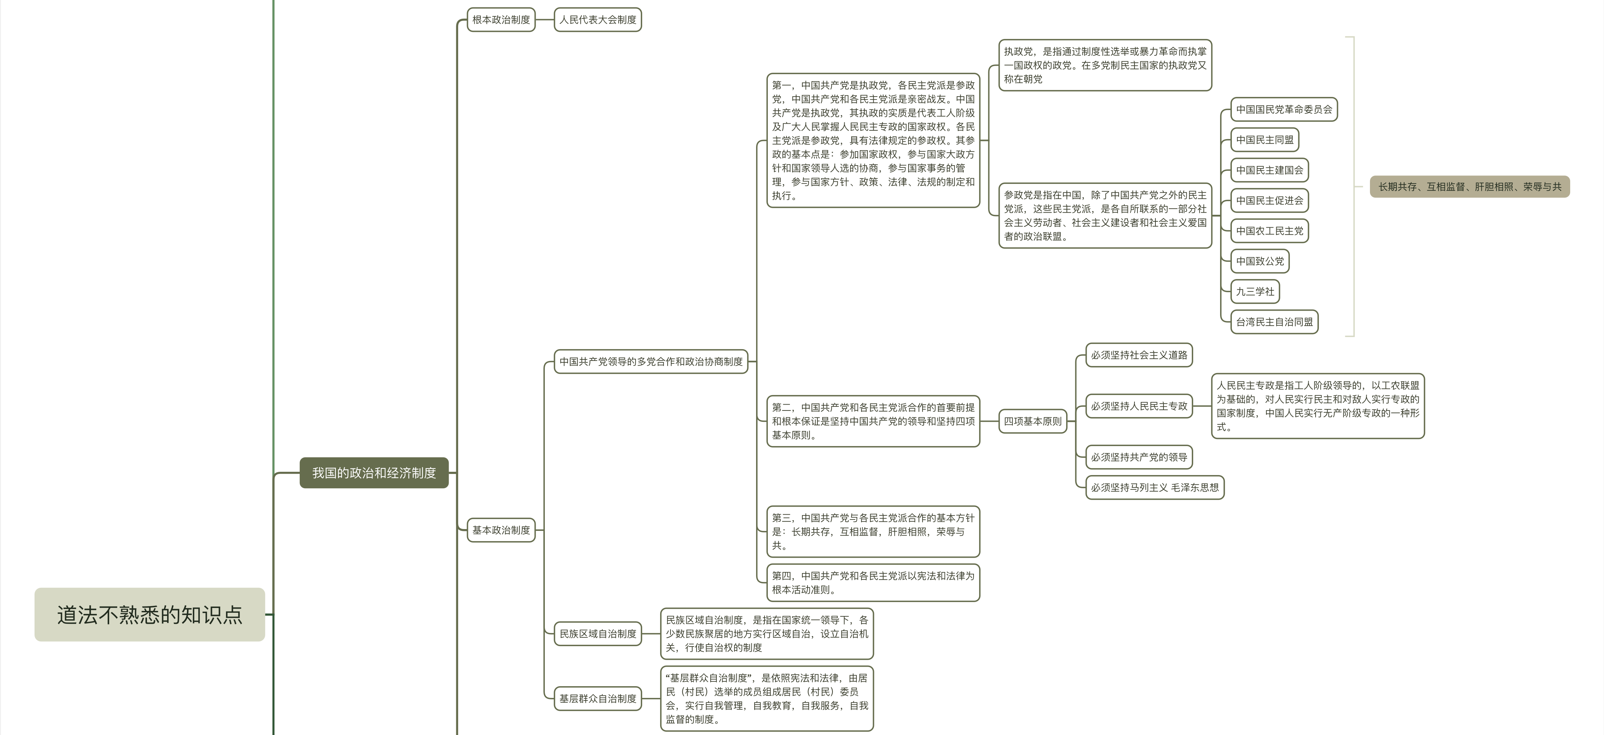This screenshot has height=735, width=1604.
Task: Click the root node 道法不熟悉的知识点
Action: [150, 614]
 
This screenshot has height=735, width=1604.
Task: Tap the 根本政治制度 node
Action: [501, 20]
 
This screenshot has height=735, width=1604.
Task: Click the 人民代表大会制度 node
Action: [598, 20]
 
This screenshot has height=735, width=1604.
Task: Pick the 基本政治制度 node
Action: [501, 530]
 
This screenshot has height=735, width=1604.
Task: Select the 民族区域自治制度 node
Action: [598, 634]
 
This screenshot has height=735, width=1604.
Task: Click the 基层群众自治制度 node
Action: [598, 698]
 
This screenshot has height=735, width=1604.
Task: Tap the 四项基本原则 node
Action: [1032, 421]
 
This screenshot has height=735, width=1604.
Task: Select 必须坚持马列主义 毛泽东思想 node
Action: [1154, 487]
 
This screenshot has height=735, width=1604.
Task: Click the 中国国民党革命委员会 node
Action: [1284, 109]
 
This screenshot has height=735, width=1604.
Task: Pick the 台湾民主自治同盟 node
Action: [1274, 322]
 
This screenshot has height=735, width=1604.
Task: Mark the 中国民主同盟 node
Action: [1265, 140]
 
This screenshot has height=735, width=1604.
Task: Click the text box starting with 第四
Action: [873, 583]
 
